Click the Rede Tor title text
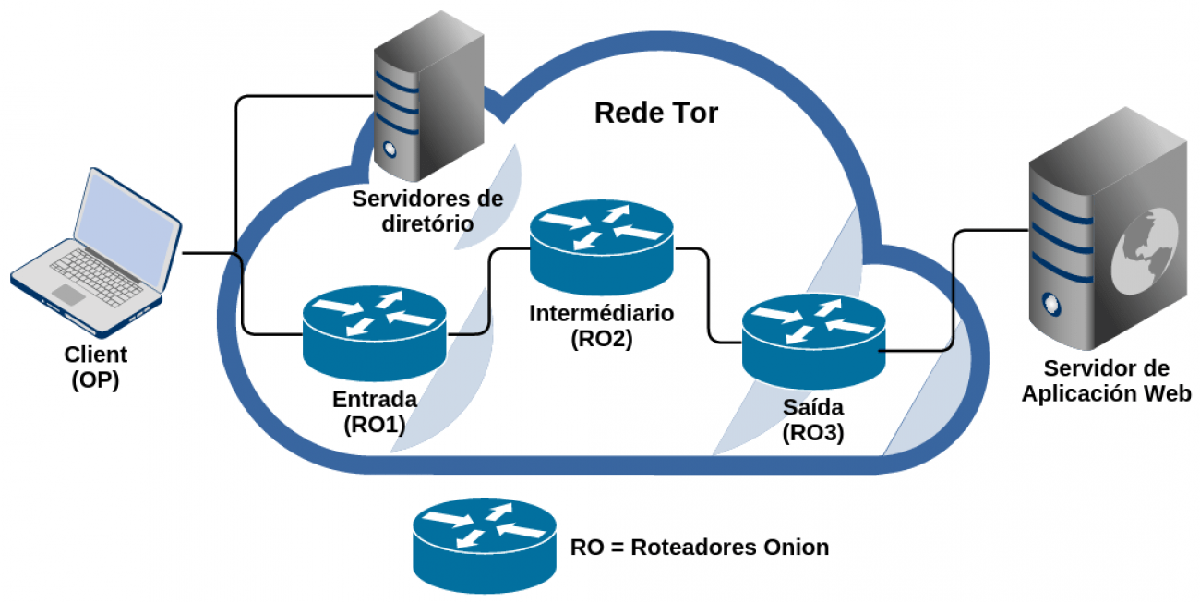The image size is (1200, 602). point(655,114)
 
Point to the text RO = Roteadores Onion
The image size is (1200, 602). point(699,547)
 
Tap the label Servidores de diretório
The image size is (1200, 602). point(427,211)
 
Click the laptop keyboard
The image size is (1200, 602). point(98,272)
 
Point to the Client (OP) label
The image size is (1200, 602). point(95,367)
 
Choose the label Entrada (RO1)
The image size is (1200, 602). point(374,412)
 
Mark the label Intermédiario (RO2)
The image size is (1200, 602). point(602,325)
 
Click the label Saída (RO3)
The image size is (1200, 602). point(812,419)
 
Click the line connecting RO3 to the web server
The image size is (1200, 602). point(953,295)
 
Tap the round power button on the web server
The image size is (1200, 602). point(1050,301)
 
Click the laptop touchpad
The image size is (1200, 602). point(68,295)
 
